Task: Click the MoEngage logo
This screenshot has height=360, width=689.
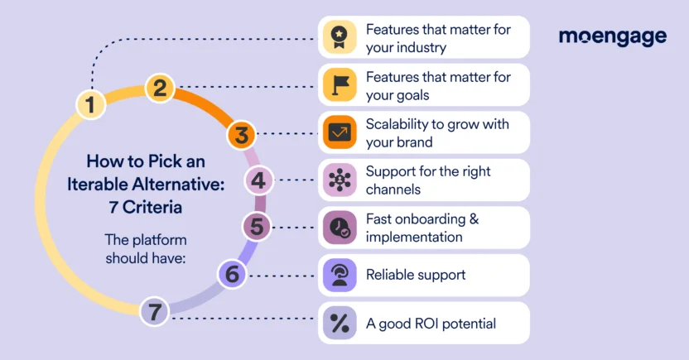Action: [613, 36]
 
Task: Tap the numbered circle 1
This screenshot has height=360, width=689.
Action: [90, 104]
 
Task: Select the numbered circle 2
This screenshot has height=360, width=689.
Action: [161, 88]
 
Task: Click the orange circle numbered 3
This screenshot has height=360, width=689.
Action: [241, 133]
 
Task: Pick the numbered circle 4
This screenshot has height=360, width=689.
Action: [258, 180]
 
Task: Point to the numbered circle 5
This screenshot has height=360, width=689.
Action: [257, 226]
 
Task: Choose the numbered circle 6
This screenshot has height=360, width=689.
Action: [233, 273]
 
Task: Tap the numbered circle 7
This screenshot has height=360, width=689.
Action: [154, 312]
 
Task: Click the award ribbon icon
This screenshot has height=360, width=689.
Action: [340, 37]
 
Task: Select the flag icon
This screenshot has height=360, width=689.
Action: [340, 84]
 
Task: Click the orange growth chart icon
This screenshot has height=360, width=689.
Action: [340, 132]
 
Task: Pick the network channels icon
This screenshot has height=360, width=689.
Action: [340, 180]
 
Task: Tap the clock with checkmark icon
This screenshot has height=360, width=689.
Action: [340, 228]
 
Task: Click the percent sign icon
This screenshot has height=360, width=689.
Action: [340, 323]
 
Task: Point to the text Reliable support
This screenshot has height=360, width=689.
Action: [416, 275]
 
